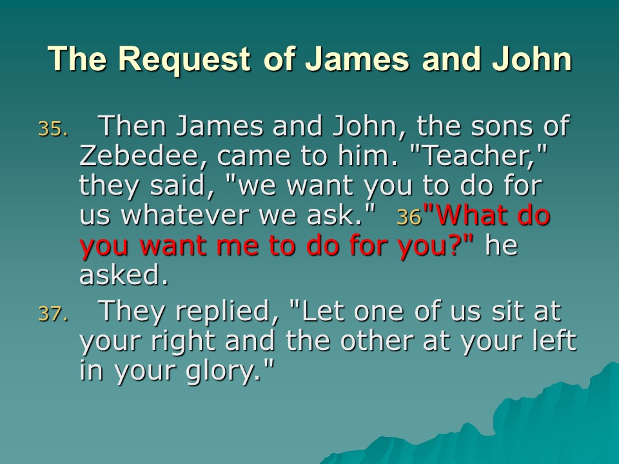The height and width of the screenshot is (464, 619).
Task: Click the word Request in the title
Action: pyautogui.click(x=184, y=59)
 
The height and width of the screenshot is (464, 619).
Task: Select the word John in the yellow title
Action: pyautogui.click(x=532, y=59)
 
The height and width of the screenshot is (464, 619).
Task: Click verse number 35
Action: pyautogui.click(x=53, y=129)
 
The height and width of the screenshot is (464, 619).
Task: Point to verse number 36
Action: pyautogui.click(x=409, y=217)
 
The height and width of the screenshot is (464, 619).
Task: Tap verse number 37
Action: pyautogui.click(x=53, y=314)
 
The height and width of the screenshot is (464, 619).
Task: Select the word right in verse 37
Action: pyautogui.click(x=182, y=342)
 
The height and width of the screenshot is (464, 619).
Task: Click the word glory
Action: pyautogui.click(x=221, y=372)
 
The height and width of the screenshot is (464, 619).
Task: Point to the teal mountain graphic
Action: pyautogui.click(x=513, y=426)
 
